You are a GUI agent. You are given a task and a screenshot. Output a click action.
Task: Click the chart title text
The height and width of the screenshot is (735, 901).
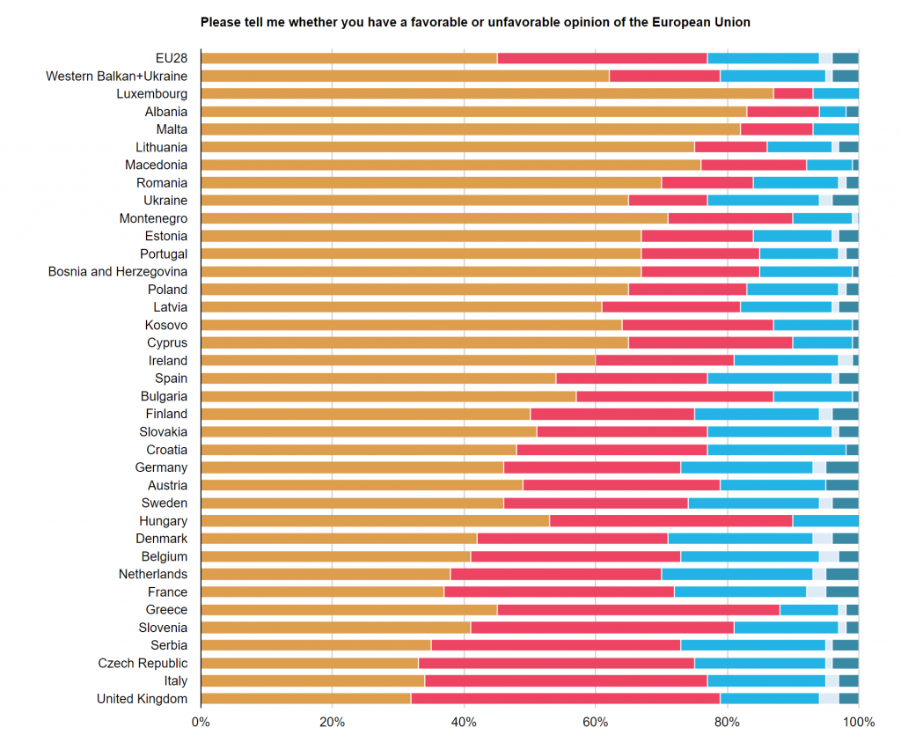point(475,22)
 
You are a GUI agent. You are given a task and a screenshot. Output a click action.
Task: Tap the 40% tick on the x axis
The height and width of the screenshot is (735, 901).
point(464,721)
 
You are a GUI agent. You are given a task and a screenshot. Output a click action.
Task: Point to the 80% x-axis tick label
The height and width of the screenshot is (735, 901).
point(727,721)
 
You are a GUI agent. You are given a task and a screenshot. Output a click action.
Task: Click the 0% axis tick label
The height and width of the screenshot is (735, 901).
point(201,721)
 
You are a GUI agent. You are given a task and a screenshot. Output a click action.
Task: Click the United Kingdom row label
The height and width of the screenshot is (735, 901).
point(143,699)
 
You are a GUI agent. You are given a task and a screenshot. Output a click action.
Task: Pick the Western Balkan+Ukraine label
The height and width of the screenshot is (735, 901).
point(117,77)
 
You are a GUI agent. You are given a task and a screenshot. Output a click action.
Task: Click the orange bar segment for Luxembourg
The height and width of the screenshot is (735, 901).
point(487,93)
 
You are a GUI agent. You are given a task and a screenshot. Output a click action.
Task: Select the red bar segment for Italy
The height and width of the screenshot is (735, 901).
point(566,680)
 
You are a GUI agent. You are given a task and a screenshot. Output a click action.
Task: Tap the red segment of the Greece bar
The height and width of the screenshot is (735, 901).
point(638,609)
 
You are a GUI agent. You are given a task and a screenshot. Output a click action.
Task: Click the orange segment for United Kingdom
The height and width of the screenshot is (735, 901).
point(305,699)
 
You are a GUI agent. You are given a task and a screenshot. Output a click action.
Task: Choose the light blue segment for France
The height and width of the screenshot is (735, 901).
point(740,592)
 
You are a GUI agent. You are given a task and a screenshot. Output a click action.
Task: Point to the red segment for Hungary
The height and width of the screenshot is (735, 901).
point(670,520)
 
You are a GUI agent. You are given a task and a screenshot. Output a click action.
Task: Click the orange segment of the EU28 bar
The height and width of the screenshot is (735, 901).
point(348,58)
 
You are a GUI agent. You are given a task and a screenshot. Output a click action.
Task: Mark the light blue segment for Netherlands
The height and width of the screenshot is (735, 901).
point(736,574)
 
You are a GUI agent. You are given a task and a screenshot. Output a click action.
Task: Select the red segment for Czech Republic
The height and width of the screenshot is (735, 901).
point(556,663)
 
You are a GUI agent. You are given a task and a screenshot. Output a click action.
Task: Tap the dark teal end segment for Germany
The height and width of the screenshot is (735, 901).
point(842,467)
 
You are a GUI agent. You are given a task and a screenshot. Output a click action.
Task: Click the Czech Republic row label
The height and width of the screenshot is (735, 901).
point(143,663)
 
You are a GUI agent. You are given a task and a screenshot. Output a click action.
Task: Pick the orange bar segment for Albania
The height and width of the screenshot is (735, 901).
point(473,112)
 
